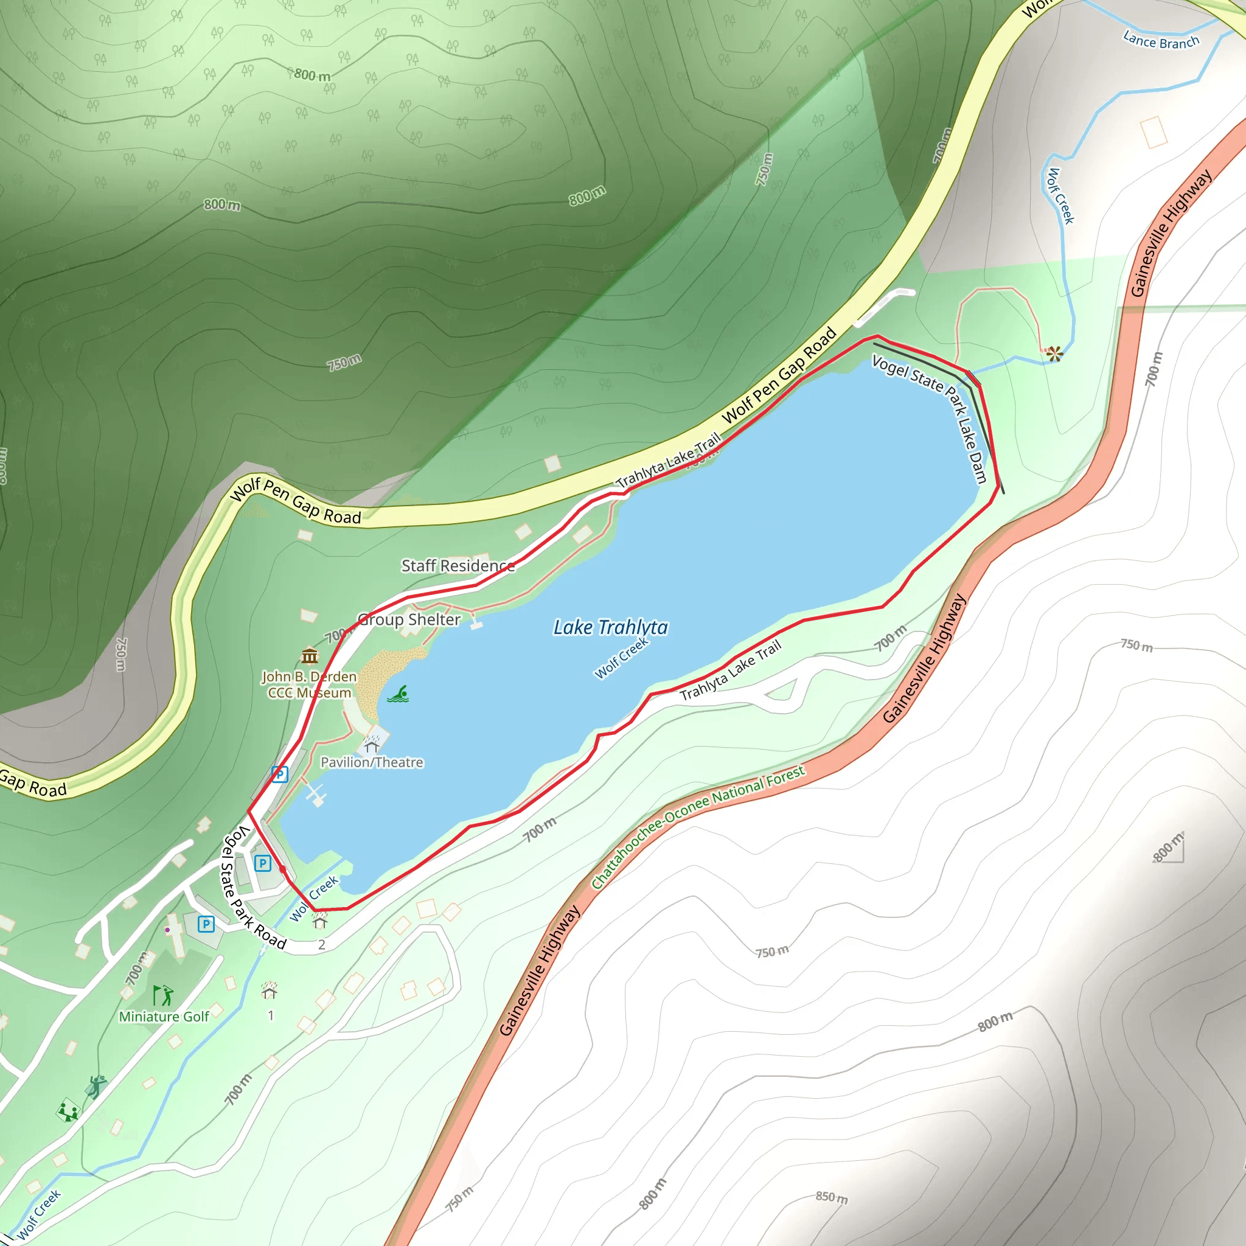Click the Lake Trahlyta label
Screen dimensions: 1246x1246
[x=610, y=627]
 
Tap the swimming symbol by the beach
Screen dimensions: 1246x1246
[x=399, y=695]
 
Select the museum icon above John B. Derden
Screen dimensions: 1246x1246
[x=310, y=656]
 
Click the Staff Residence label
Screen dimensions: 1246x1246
[x=458, y=566]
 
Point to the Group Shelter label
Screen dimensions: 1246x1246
[x=409, y=619]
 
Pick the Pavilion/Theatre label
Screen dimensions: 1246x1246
[x=372, y=762]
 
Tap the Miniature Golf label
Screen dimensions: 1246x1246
[x=164, y=1017]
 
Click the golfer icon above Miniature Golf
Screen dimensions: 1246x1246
[x=162, y=995]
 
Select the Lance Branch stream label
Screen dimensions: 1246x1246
[x=1161, y=41]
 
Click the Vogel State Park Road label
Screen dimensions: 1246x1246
[x=253, y=888]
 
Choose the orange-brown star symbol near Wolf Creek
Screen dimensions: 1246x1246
[x=1054, y=353]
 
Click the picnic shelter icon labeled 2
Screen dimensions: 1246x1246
[x=320, y=923]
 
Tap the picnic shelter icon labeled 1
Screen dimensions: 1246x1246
[x=269, y=990]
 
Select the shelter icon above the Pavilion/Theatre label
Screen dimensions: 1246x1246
[x=372, y=746]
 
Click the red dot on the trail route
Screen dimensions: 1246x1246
[x=282, y=869]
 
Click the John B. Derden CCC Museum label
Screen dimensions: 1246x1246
[x=309, y=684]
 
